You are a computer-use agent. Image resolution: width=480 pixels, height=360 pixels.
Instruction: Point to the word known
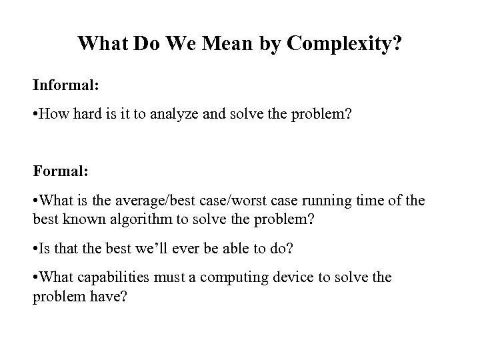[x=77, y=219]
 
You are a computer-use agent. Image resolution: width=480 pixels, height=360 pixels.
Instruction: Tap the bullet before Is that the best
[x=36, y=251]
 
